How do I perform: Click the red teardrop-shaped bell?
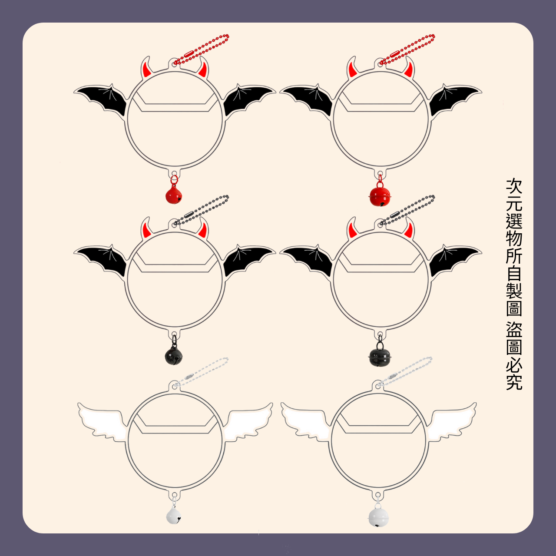174,195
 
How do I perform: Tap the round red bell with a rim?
380,196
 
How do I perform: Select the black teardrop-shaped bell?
174,356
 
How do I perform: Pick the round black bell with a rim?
380,357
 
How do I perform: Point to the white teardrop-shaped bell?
174,516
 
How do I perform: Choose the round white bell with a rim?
378,517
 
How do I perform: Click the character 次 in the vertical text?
514,186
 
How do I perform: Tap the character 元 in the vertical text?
514,204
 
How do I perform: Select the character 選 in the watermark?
514,221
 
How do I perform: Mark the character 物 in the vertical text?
514,238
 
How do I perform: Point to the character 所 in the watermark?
514,256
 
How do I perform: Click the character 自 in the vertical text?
514,274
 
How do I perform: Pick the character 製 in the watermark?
514,291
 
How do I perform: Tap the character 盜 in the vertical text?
514,330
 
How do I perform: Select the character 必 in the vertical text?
514,365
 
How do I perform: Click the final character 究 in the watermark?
514,382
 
